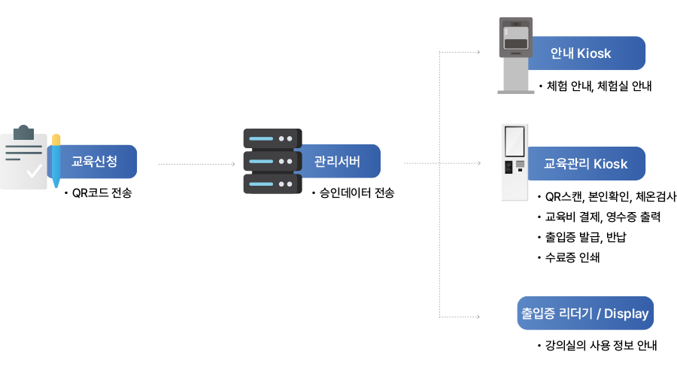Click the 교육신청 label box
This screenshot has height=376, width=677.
pos(95,161)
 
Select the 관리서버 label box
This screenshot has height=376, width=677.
pos(338,161)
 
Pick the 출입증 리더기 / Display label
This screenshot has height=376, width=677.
pos(584,313)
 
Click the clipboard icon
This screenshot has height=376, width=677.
pos(23,159)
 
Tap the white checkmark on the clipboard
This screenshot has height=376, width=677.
pos(34,171)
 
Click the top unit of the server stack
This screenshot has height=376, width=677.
pos(272,139)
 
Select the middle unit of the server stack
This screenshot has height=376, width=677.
pos(272,162)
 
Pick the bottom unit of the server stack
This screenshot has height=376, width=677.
pos(272,184)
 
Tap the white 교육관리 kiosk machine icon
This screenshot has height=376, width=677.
pos(515,162)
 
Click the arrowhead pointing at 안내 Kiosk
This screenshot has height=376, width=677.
pos(478,53)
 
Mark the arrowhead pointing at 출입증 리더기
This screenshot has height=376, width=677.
pos(478,317)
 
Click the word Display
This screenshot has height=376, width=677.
pos(626,314)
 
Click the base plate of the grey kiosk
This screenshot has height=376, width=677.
pos(516,92)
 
